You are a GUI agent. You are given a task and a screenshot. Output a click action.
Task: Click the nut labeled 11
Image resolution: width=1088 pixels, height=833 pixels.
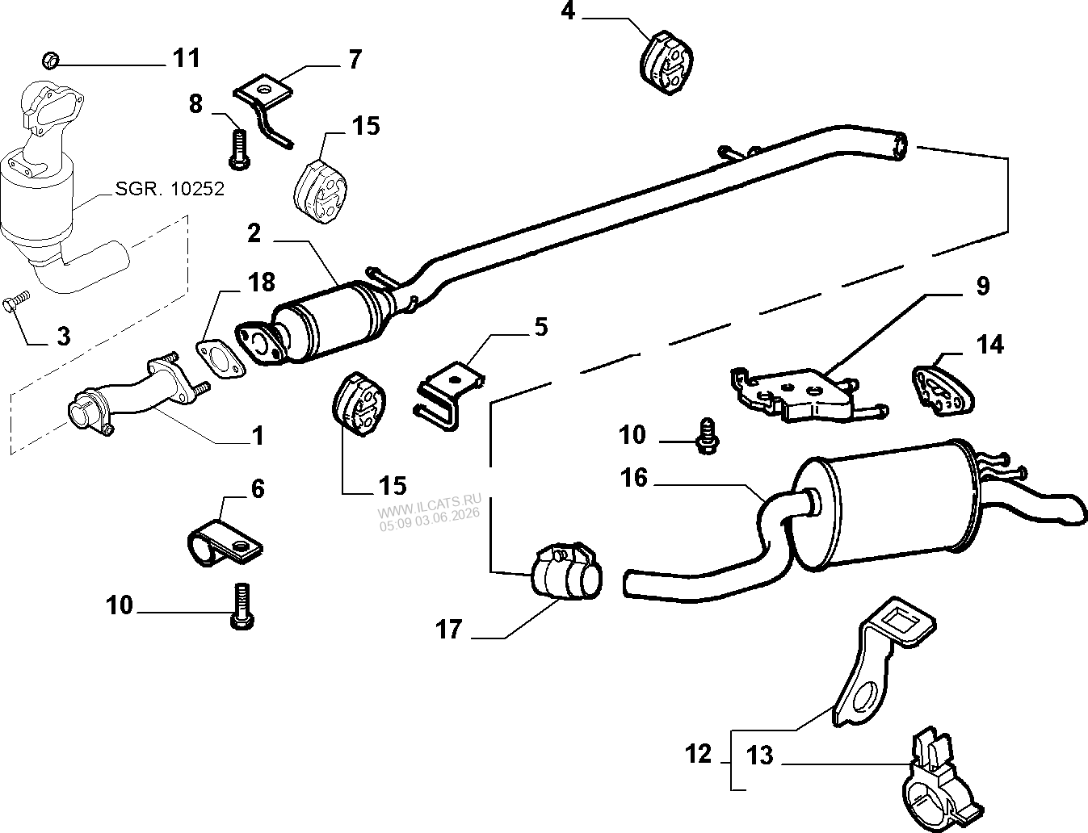[49, 60]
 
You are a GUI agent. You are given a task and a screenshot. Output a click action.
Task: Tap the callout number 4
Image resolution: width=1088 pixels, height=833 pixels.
[568, 11]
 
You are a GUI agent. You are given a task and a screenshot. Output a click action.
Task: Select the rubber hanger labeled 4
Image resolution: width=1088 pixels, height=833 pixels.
[666, 62]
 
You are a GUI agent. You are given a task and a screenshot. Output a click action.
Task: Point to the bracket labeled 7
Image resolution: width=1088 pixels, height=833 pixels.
[263, 107]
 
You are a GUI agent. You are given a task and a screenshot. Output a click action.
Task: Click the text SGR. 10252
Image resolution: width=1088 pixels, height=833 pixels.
[170, 189]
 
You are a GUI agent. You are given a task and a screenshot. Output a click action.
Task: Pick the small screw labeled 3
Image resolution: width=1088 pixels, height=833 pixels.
[16, 302]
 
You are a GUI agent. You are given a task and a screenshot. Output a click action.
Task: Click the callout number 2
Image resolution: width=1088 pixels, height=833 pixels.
[254, 233]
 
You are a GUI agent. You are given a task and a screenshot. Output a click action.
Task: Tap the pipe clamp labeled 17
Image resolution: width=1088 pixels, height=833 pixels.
[565, 571]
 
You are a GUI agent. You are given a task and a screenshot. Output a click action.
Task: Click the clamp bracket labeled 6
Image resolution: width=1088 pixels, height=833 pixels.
[225, 543]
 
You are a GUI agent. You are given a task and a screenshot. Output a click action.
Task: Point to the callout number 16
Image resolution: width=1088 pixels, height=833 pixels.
[634, 478]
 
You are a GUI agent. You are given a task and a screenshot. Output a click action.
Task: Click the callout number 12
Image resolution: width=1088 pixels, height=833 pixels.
[698, 755]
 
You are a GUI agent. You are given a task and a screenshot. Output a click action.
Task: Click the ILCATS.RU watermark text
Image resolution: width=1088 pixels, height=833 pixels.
[429, 505]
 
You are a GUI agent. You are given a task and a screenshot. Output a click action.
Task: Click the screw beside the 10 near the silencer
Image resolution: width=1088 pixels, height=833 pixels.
[708, 436]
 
